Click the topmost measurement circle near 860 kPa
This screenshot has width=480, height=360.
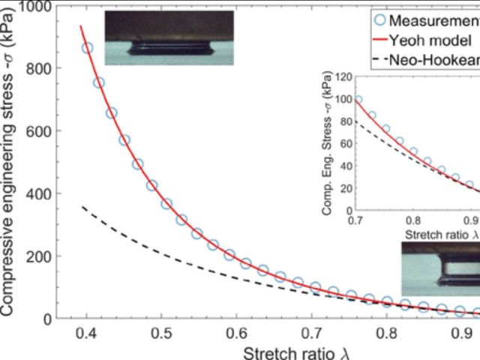tap(88, 48)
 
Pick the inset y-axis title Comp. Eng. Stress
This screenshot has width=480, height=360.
tap(328, 145)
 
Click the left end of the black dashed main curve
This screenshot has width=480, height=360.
tap(82, 206)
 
